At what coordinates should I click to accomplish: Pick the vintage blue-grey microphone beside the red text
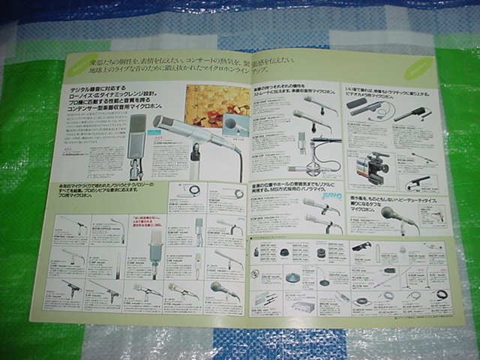point(155,252)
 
